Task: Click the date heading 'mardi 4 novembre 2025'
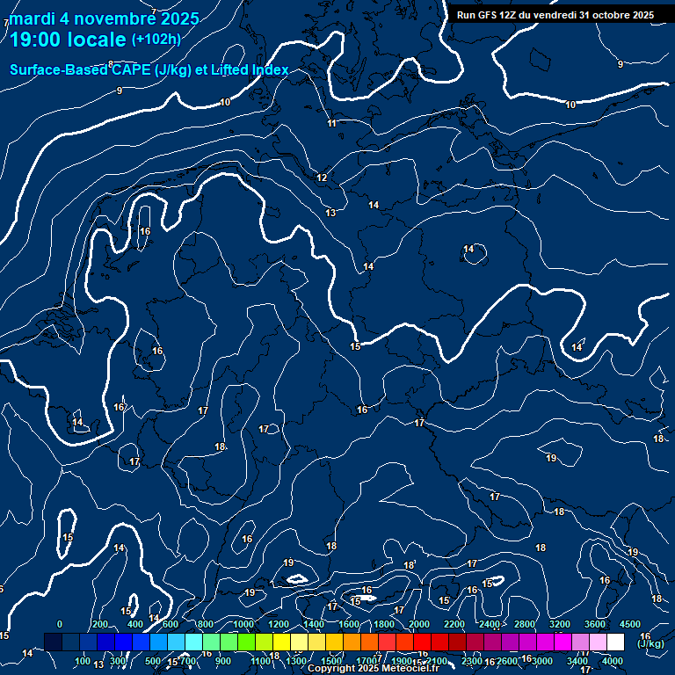(x=104, y=18)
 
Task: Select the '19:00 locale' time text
(x=68, y=39)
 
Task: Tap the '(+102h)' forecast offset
(x=156, y=39)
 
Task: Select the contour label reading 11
(x=331, y=123)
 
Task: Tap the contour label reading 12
(x=322, y=178)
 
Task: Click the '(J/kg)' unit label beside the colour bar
(x=650, y=643)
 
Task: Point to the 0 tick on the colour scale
(x=60, y=624)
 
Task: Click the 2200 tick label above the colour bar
(x=454, y=624)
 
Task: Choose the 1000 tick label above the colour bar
(x=243, y=624)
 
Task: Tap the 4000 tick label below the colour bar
(x=613, y=661)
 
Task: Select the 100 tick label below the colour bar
(x=83, y=661)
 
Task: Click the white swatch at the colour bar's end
(x=615, y=642)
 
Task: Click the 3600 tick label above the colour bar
(x=595, y=624)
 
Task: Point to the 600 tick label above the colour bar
(x=170, y=624)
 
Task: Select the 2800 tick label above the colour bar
(x=525, y=624)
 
